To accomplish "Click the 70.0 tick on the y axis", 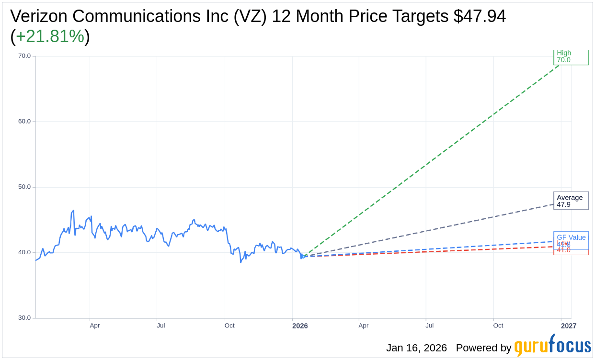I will pyautogui.click(x=24, y=56).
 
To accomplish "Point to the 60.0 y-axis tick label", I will pyautogui.click(x=24, y=122).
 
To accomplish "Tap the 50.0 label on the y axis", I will pyautogui.click(x=24, y=187).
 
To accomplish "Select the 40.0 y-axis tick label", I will pyautogui.click(x=24, y=252).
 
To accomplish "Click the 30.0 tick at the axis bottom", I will pyautogui.click(x=24, y=318).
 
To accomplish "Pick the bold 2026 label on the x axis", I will pyautogui.click(x=300, y=326).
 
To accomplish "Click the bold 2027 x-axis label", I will pyautogui.click(x=569, y=326).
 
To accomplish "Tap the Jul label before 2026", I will pyautogui.click(x=161, y=326).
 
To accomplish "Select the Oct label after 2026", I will pyautogui.click(x=498, y=326).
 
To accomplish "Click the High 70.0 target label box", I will pyautogui.click(x=571, y=57).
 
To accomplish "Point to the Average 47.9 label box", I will pyautogui.click(x=571, y=201).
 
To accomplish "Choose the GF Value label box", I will pyautogui.click(x=571, y=237).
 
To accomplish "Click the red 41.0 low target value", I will pyautogui.click(x=563, y=250).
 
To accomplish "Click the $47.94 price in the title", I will pyautogui.click(x=480, y=16).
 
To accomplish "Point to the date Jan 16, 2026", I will pyautogui.click(x=416, y=348).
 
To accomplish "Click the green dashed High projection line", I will pyautogui.click(x=431, y=160).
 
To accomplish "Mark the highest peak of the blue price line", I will pyautogui.click(x=73, y=210).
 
